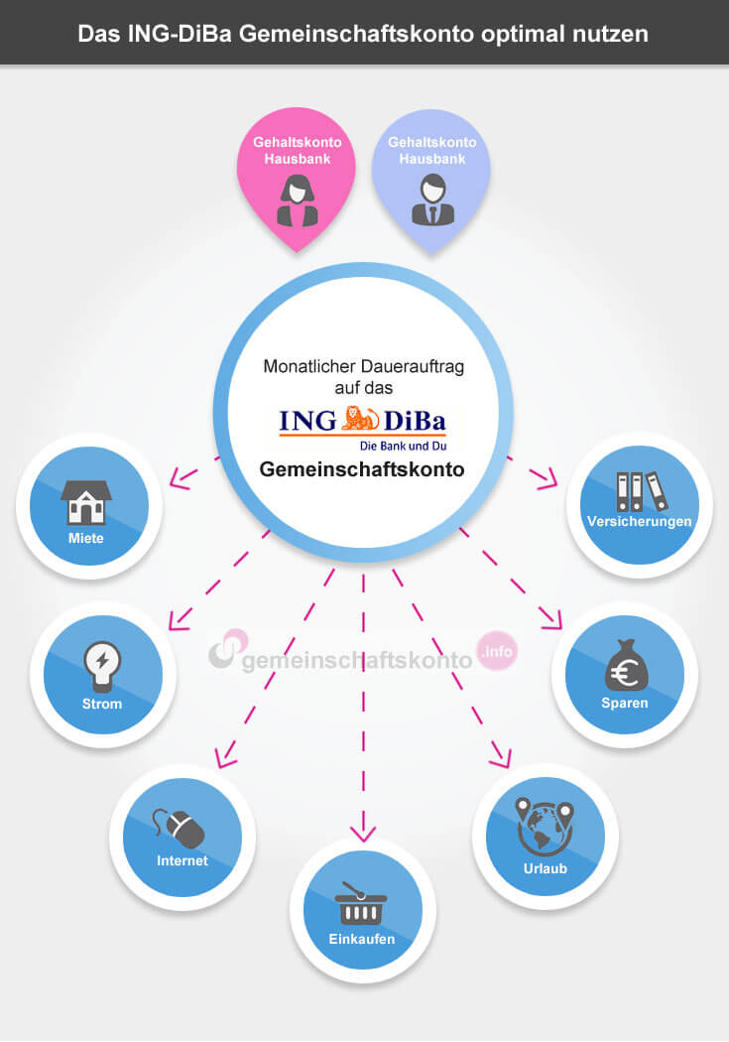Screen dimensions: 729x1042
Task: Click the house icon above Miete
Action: [86, 502]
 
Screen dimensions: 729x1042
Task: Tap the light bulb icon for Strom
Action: [102, 667]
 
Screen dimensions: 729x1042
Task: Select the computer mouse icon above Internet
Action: [179, 828]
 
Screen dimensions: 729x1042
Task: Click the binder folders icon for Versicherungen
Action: [641, 492]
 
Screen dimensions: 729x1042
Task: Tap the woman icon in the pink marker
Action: [297, 200]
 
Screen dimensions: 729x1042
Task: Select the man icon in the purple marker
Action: [432, 199]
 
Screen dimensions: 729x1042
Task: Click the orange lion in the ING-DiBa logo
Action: [360, 419]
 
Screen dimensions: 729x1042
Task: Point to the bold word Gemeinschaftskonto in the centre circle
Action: [362, 469]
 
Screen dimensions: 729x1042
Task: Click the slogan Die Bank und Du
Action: [403, 446]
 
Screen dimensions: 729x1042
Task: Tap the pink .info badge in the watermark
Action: [497, 651]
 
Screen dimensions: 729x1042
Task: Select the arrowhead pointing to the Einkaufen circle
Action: [362, 834]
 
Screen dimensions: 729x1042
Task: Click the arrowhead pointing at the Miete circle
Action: [182, 477]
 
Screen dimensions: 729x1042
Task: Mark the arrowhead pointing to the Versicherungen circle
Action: [546, 477]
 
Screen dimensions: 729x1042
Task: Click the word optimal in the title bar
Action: [519, 34]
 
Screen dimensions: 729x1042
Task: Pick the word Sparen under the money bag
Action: [624, 703]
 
